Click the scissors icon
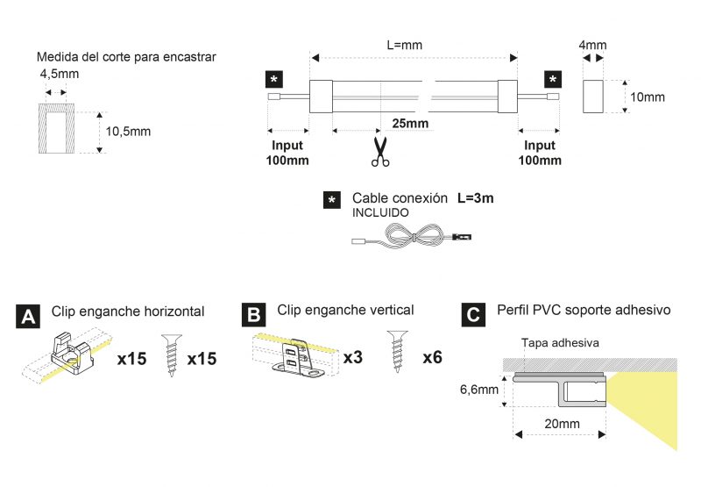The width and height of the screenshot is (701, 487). point(380,152)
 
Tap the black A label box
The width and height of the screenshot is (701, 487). point(28,317)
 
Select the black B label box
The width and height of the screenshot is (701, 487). point(253,314)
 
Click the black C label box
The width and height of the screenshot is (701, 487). point(473,314)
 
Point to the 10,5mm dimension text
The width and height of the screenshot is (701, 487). point(128,132)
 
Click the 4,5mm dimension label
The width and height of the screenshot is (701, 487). point(60,74)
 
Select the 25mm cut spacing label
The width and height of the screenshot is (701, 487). point(410,123)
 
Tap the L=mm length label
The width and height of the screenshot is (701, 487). point(405,45)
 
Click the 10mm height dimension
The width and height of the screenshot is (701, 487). point(648,97)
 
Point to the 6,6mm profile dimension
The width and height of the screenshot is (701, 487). point(479,390)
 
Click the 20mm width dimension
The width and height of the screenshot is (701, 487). point(562,424)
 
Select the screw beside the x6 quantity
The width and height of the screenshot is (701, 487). point(398,352)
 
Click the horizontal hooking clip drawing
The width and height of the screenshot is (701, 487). point(73,354)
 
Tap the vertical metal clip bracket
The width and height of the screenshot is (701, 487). point(297,358)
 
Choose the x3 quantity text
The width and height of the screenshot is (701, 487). point(353,357)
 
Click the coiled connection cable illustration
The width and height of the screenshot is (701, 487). point(412,235)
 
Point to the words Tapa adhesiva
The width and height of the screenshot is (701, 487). point(560,343)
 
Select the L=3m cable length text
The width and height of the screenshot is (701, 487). point(475,197)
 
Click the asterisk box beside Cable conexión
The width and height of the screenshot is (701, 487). point(332,200)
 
